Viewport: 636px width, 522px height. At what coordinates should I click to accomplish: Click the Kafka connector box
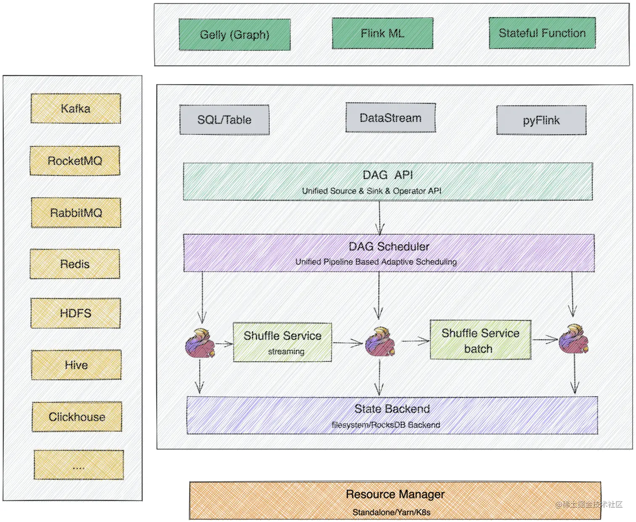pos(76,108)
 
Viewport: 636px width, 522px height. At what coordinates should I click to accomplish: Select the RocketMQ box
pos(75,161)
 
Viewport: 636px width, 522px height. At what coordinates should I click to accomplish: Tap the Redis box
pos(75,264)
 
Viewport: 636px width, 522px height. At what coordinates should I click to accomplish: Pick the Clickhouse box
pos(77,417)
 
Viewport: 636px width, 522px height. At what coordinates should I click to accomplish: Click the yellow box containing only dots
pos(79,465)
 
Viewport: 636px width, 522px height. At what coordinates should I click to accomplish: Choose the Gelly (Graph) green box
pos(234,34)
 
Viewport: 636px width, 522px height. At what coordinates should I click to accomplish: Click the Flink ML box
pos(382,33)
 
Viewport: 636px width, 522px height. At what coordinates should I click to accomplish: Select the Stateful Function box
pos(542,33)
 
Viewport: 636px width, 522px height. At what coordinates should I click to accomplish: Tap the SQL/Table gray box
pos(224,120)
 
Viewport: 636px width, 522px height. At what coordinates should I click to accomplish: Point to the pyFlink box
pos(541,120)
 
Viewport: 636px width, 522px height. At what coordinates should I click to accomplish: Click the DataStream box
pos(390,118)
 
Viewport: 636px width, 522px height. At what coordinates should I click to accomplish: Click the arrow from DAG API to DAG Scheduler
pos(380,217)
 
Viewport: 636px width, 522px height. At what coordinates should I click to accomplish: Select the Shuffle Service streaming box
pos(282,342)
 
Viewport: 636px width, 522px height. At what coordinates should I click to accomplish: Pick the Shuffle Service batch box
pos(480,340)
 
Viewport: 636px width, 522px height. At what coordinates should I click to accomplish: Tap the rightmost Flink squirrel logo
pos(573,339)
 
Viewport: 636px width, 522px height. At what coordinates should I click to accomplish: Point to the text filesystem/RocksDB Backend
pos(386,425)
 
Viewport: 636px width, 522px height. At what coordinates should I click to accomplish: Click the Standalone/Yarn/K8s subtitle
pos(391,512)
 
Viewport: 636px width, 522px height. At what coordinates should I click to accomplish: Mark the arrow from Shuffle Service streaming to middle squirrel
pos(347,343)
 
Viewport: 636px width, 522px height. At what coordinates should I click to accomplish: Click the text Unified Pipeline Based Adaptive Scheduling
pos(376,262)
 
